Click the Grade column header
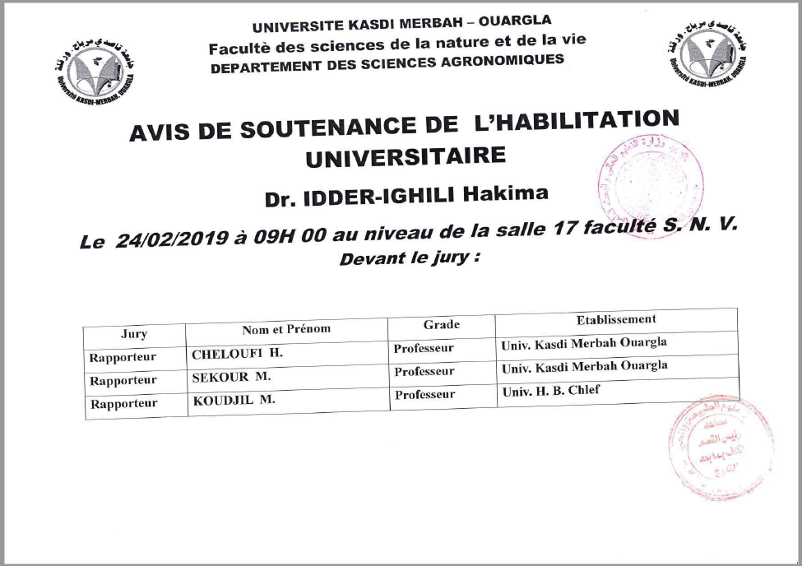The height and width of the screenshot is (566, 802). (x=441, y=325)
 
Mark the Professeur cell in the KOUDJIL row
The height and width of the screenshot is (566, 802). (x=424, y=395)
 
